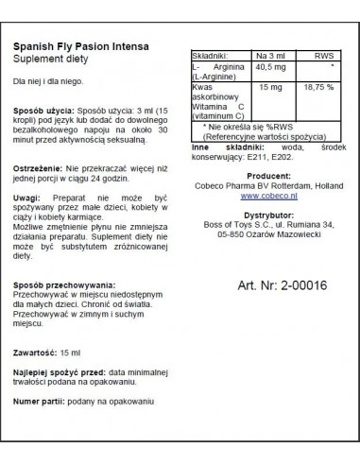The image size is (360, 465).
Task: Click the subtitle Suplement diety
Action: (56, 62)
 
